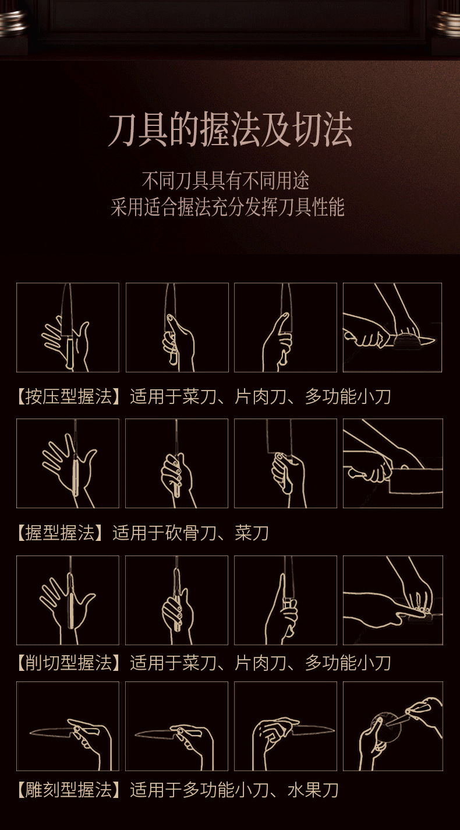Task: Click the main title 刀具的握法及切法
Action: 230,131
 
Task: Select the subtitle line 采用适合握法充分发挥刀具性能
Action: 228,207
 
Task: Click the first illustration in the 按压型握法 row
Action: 68,328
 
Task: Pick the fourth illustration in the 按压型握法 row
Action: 392,328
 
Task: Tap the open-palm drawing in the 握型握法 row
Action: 68,463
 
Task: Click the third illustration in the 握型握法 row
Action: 285,463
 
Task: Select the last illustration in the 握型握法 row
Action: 392,463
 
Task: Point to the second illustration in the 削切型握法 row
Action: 177,600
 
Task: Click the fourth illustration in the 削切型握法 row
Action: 392,600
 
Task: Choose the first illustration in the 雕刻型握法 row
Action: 68,726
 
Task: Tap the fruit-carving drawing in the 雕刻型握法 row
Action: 392,726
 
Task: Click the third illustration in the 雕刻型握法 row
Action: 285,726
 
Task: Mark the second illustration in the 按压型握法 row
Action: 177,328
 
